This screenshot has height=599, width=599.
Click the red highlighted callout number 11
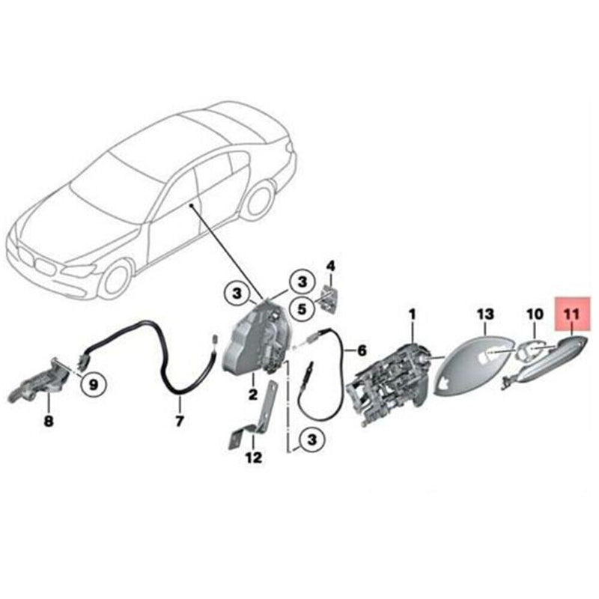(573, 314)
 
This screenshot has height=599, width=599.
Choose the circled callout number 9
(93, 385)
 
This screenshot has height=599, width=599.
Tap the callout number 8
(49, 422)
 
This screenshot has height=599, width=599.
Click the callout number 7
(179, 422)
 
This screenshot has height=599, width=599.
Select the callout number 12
(254, 457)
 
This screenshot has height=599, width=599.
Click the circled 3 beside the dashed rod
(305, 439)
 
